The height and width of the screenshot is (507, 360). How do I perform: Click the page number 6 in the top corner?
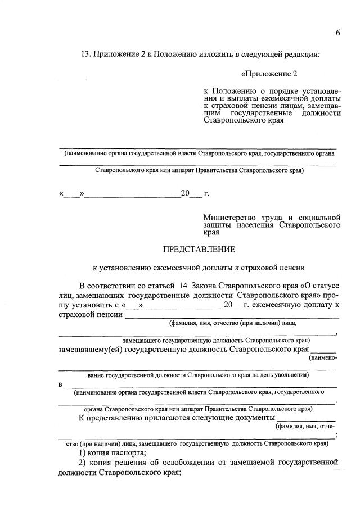click(338, 33)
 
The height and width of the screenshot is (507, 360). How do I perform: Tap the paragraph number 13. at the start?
click(87, 55)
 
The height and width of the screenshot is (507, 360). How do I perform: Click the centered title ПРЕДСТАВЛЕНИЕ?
click(199, 249)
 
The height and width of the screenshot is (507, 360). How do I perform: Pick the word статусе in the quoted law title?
click(325, 286)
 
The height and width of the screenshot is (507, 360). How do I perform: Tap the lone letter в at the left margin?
click(60, 385)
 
